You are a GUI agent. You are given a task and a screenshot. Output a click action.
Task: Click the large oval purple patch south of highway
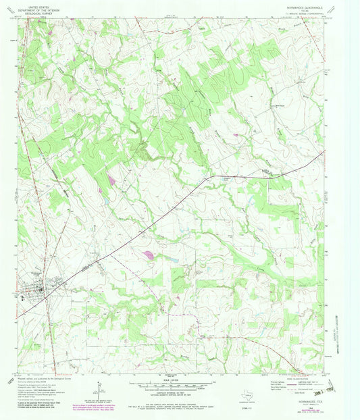[149, 255]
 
